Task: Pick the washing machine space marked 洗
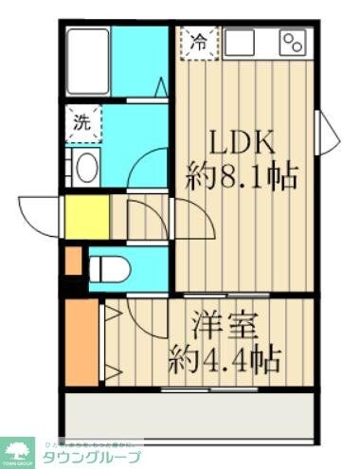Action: click(x=81, y=122)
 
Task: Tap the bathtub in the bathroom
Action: click(x=89, y=59)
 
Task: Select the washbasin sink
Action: click(x=84, y=169)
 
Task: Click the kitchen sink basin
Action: click(x=242, y=42)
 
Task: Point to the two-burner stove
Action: click(x=293, y=42)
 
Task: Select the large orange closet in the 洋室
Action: click(x=81, y=341)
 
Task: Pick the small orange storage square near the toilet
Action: click(x=73, y=259)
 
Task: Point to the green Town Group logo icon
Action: click(x=18, y=451)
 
